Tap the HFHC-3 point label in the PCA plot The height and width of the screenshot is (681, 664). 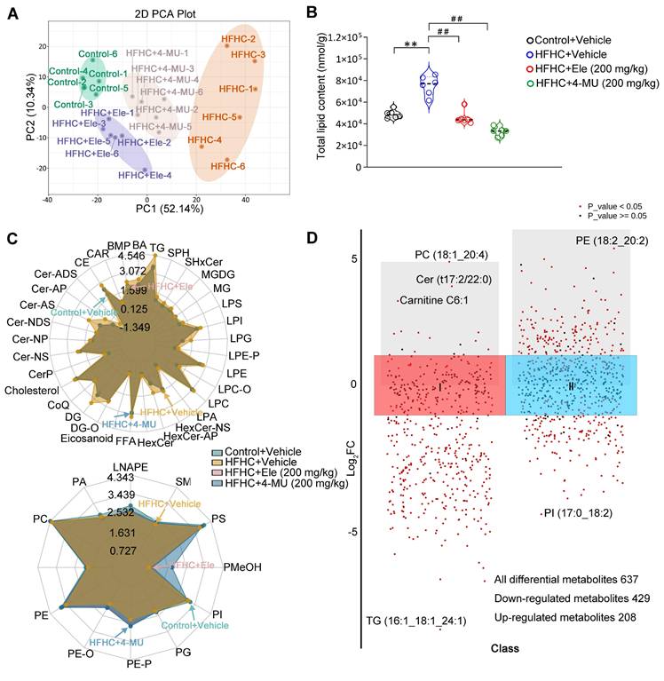coord(248,55)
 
